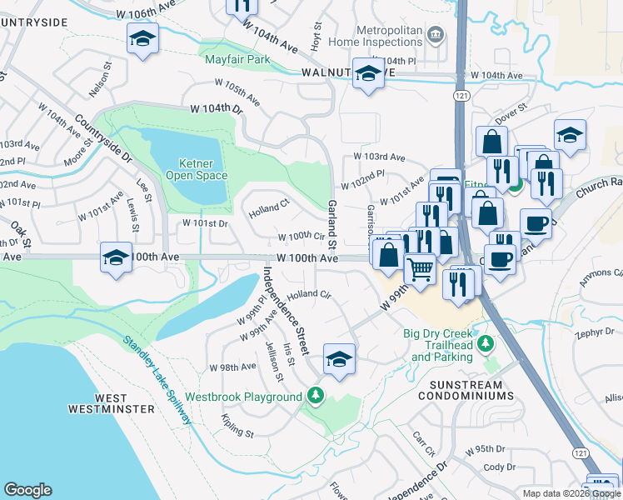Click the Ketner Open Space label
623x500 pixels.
click(203, 169)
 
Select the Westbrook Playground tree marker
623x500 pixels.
click(315, 395)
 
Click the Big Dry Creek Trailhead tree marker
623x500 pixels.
click(491, 343)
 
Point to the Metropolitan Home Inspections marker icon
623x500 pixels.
click(435, 34)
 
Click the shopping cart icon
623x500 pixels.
click(420, 267)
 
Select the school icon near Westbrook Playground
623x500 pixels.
click(339, 358)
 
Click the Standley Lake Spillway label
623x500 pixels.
click(158, 379)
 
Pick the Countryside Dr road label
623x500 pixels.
click(103, 138)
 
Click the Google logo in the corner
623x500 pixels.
click(27, 489)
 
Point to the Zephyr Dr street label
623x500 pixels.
click(593, 332)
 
